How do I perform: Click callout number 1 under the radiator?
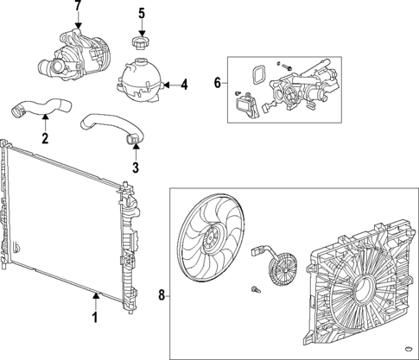coord(95,317)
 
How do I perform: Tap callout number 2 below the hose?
coord(45,136)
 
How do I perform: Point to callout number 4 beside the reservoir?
coord(182,85)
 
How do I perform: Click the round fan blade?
coord(206,241)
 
